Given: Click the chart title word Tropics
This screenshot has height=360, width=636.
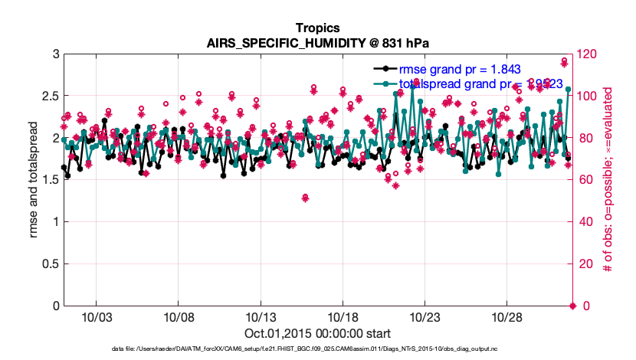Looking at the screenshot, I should tap(317, 28).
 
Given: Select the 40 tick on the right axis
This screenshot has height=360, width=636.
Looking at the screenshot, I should tap(586, 221).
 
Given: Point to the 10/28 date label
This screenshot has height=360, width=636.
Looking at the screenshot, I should tap(507, 316).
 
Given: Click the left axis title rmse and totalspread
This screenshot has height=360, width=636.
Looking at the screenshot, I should tap(34, 179).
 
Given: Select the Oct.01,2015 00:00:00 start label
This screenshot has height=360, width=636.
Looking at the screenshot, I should tap(317, 333).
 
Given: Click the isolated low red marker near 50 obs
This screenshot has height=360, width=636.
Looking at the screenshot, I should tap(305, 198).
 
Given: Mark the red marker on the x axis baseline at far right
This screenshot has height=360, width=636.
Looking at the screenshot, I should tap(572, 306).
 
